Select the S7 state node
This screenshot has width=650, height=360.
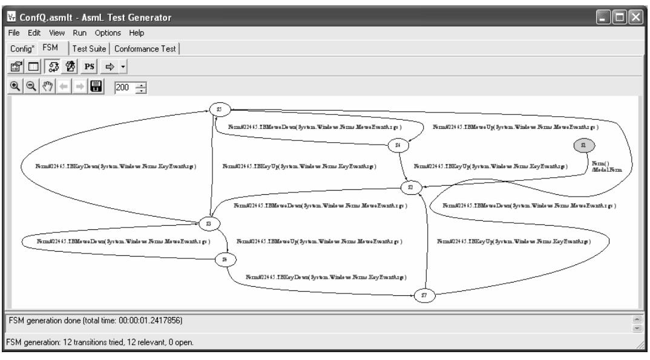coord(424,295)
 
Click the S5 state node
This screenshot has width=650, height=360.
coord(219,109)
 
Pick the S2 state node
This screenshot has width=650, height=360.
coord(411,188)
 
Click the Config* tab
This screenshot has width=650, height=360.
coord(19,48)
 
